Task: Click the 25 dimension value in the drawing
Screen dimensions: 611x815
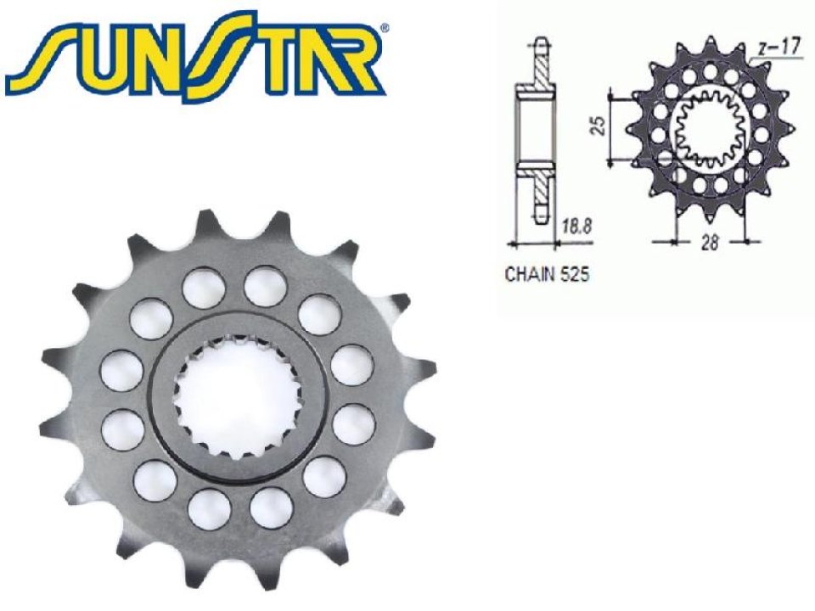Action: click(599, 126)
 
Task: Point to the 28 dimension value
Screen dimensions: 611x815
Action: click(711, 243)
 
